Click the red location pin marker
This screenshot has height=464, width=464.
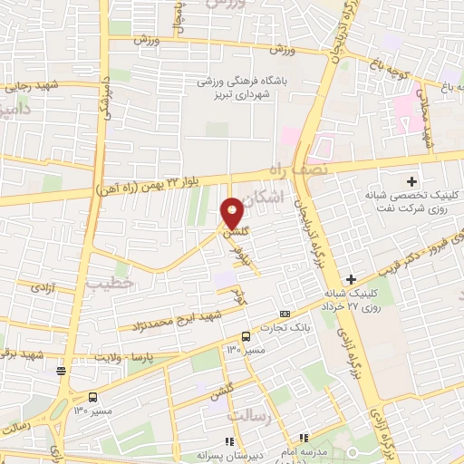[x=232, y=214]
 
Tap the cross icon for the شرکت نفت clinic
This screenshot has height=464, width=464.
[x=411, y=181]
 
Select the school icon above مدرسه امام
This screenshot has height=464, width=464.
[x=305, y=438]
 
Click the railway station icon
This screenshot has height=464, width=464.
[x=61, y=369]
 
